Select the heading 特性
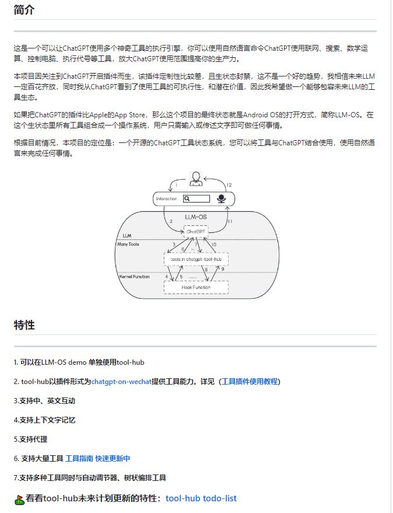tap(24, 324)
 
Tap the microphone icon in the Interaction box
tap(222, 199)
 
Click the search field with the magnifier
tap(196, 199)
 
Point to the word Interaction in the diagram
tap(166, 199)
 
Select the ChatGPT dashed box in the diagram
tap(196, 231)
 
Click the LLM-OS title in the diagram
tap(195, 217)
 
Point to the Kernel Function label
tap(134, 277)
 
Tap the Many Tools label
tap(128, 244)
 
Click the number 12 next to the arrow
tap(229, 184)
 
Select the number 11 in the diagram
tap(230, 221)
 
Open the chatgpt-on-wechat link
tap(121, 382)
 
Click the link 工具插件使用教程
tap(250, 382)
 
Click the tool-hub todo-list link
tap(201, 498)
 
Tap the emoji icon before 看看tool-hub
tap(19, 500)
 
